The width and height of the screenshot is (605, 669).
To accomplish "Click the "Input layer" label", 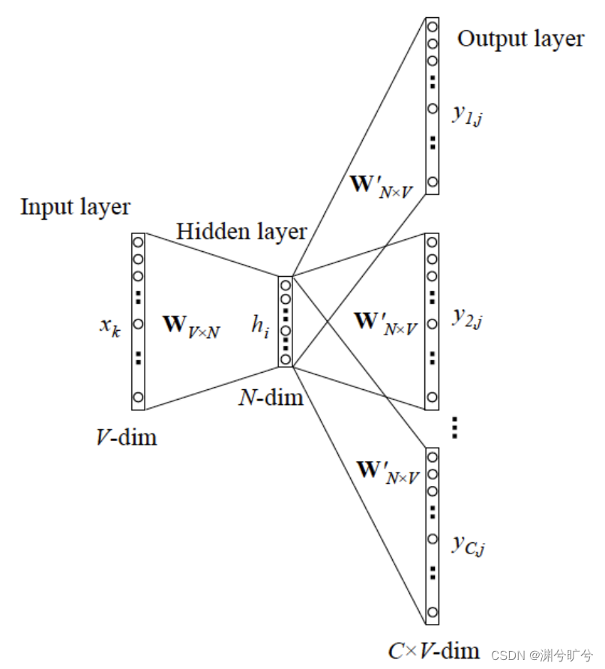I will click(75, 207).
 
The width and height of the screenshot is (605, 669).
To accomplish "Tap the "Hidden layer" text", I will click(241, 232).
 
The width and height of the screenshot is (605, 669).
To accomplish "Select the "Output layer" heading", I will click(520, 39).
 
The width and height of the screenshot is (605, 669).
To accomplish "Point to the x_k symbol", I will click(109, 326).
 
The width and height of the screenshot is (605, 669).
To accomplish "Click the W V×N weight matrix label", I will click(191, 326).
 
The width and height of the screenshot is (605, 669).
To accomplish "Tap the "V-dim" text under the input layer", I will click(126, 436).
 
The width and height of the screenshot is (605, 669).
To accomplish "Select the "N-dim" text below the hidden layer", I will click(271, 397).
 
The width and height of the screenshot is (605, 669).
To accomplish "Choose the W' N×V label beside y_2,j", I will click(385, 323).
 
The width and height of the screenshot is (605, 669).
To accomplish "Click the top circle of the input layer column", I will click(138, 241).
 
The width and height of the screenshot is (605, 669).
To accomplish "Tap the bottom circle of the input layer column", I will click(138, 397).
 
